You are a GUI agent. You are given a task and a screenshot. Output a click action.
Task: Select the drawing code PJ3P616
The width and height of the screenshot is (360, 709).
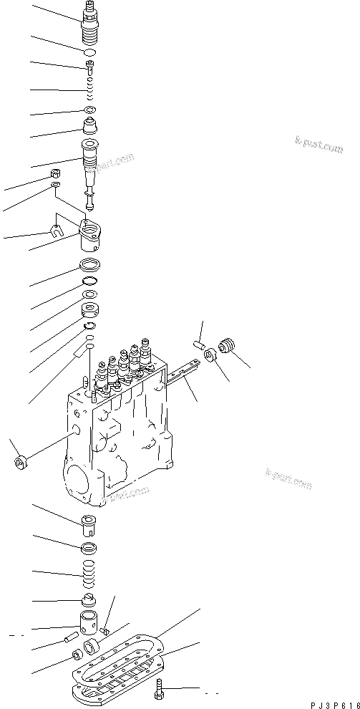pyautogui.click(x=334, y=704)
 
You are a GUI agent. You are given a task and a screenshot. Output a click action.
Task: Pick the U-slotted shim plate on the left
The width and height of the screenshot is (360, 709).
pyautogui.click(x=54, y=230)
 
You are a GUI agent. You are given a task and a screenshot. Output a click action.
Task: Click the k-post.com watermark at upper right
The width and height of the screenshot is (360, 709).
pyautogui.click(x=319, y=147)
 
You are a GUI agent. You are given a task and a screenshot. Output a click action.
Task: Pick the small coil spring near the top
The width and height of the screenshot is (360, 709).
pyautogui.click(x=89, y=92)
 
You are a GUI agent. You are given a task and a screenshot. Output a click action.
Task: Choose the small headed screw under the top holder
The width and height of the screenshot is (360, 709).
pyautogui.click(x=89, y=68)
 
